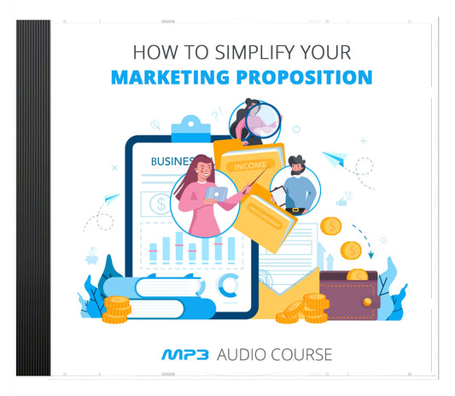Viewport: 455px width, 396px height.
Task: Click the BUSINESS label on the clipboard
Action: [x=172, y=160]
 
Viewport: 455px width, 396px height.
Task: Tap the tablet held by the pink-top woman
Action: [x=213, y=195]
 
